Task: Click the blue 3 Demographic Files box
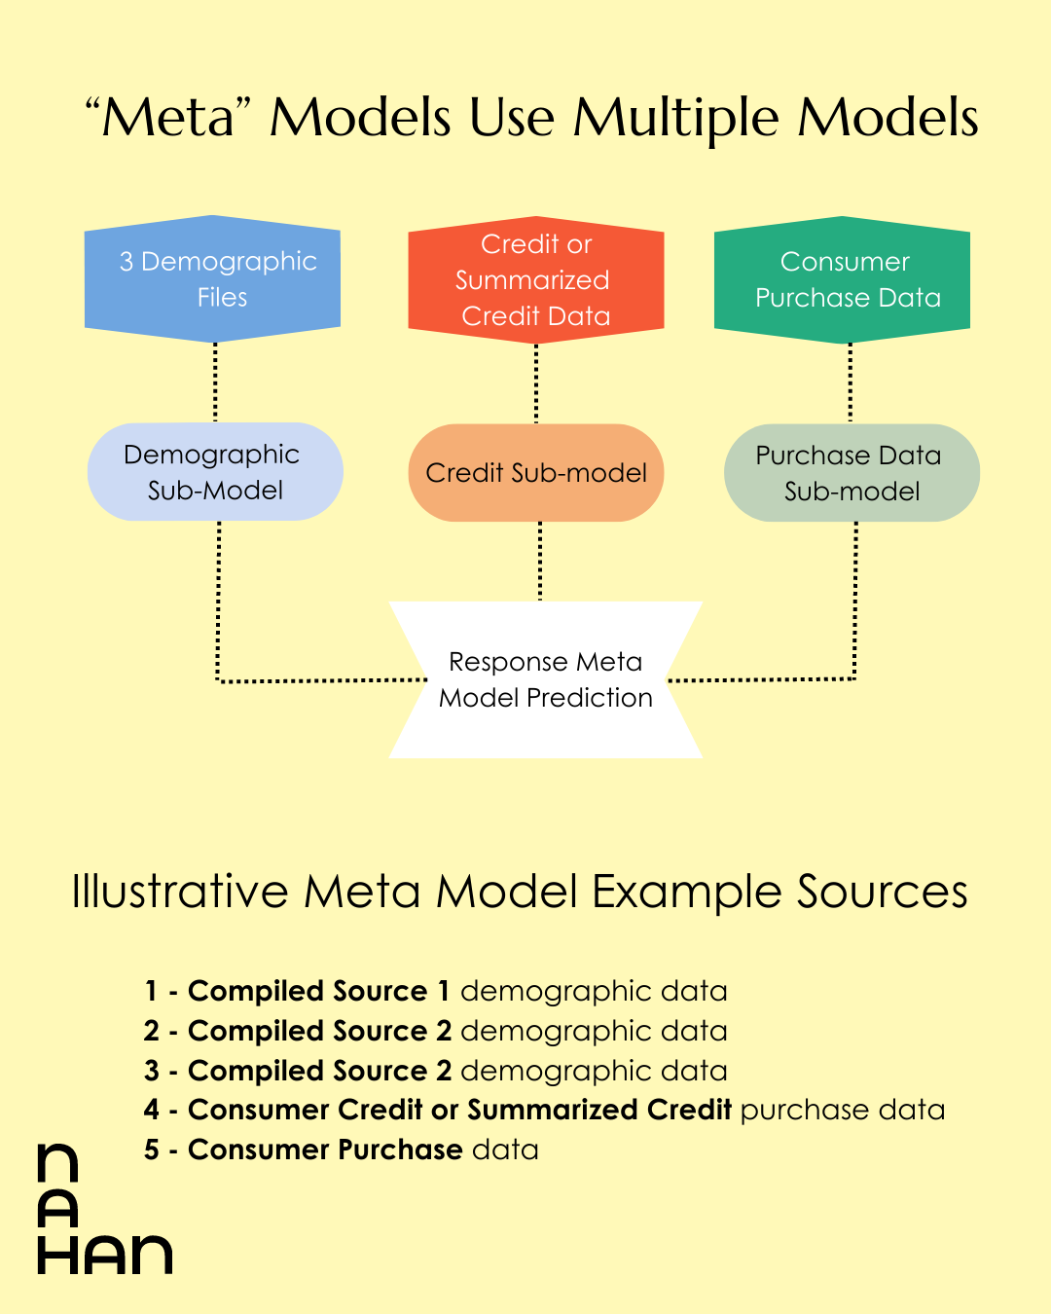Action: tap(212, 279)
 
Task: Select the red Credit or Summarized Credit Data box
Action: tap(535, 279)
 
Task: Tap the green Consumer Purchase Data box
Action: tap(843, 279)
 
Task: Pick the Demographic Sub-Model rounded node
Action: tap(215, 472)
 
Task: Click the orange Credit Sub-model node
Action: tap(536, 473)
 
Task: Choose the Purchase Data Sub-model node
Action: tap(852, 473)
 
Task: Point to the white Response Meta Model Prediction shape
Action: tap(545, 679)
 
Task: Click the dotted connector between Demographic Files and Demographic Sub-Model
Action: tap(215, 383)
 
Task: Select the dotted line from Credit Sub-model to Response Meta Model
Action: tap(540, 561)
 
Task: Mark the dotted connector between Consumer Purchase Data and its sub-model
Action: tap(851, 383)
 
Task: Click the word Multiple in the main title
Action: tap(675, 118)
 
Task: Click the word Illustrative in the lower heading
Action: tap(180, 892)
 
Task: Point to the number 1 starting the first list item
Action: tap(151, 992)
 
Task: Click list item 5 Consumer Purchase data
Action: tap(341, 1150)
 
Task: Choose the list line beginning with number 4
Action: tap(544, 1110)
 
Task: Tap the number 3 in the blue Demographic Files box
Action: tap(127, 262)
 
